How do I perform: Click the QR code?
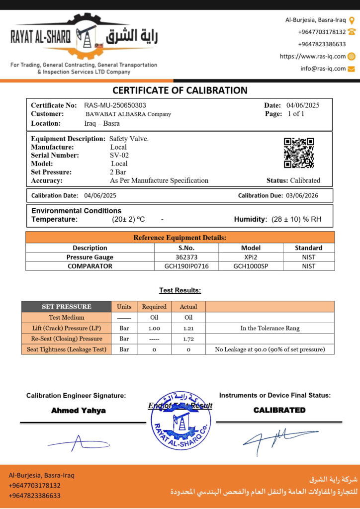tap(299, 153)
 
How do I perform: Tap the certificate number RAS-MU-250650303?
tap(115, 105)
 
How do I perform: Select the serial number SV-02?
tap(119, 155)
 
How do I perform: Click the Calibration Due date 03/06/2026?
tap(301, 195)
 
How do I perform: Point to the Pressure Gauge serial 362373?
tap(186, 257)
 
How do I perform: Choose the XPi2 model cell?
tap(251, 257)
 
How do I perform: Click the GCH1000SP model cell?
tap(251, 266)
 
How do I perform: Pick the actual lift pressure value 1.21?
tap(188, 328)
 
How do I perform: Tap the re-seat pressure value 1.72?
tap(188, 339)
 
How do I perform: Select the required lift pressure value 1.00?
tap(154, 328)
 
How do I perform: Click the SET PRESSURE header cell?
tap(66, 307)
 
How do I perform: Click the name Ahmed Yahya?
tap(79, 411)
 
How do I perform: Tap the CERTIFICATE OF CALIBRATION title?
tap(180, 90)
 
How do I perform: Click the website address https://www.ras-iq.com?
tap(313, 56)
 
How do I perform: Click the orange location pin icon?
tap(352, 20)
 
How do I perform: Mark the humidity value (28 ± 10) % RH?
tap(296, 219)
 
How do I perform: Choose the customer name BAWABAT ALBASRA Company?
tap(128, 114)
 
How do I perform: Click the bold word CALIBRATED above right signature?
tap(279, 410)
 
